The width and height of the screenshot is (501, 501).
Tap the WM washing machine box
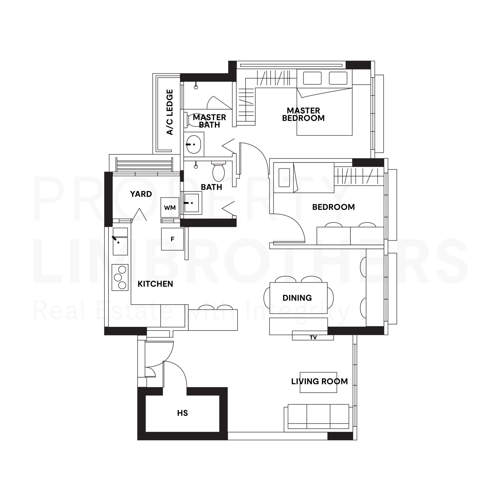pyautogui.click(x=170, y=207)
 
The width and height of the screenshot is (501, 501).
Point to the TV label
pyautogui.click(x=313, y=337)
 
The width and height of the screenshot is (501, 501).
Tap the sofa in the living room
pyautogui.click(x=318, y=417)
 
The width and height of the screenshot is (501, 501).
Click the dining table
pyautogui.click(x=298, y=298)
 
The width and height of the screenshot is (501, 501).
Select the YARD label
pyautogui.click(x=141, y=194)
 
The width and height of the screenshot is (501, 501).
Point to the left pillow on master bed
pyautogui.click(x=312, y=78)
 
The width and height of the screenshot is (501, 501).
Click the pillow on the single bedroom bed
pyautogui.click(x=284, y=178)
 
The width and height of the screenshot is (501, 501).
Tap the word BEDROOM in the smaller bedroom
pyautogui.click(x=333, y=207)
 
